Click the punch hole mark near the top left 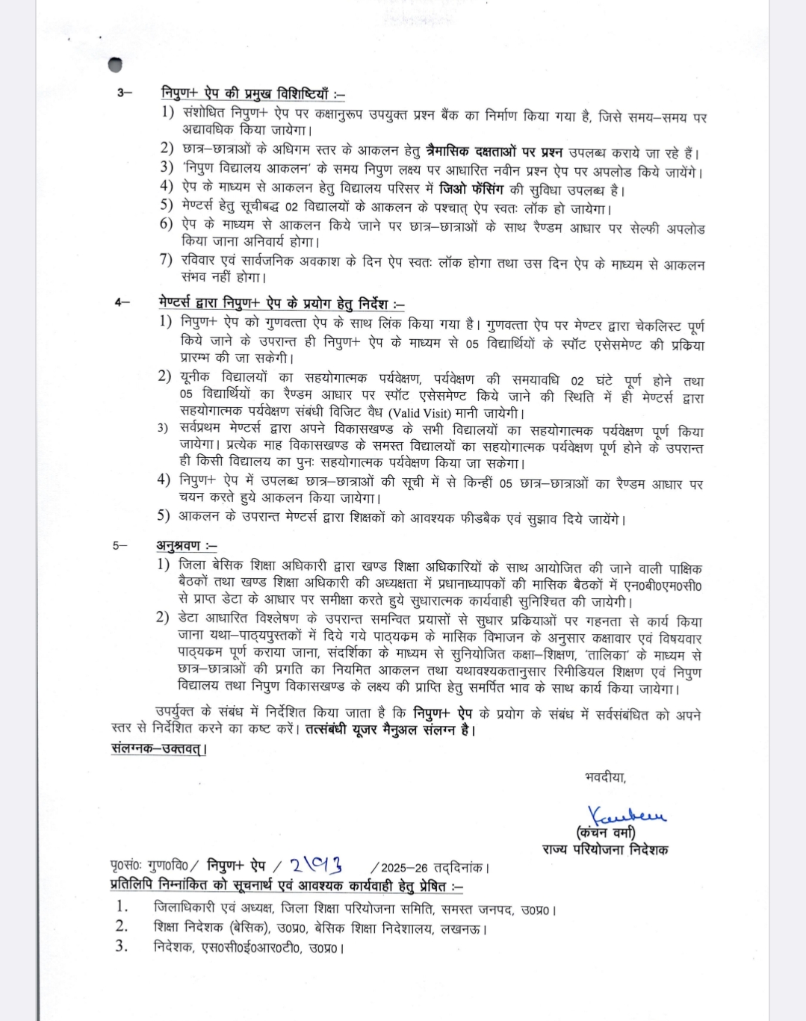(115, 65)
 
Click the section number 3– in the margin (124, 92)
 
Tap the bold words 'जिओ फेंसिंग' (471, 189)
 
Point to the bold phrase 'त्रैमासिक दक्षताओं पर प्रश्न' (494, 152)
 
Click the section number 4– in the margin (122, 302)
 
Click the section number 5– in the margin (120, 545)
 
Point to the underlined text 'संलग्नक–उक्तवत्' (157, 748)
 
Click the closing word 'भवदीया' (605, 778)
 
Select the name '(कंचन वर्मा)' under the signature (605, 832)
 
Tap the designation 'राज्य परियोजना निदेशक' (605, 849)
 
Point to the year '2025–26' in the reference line (404, 868)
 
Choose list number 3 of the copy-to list (121, 946)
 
